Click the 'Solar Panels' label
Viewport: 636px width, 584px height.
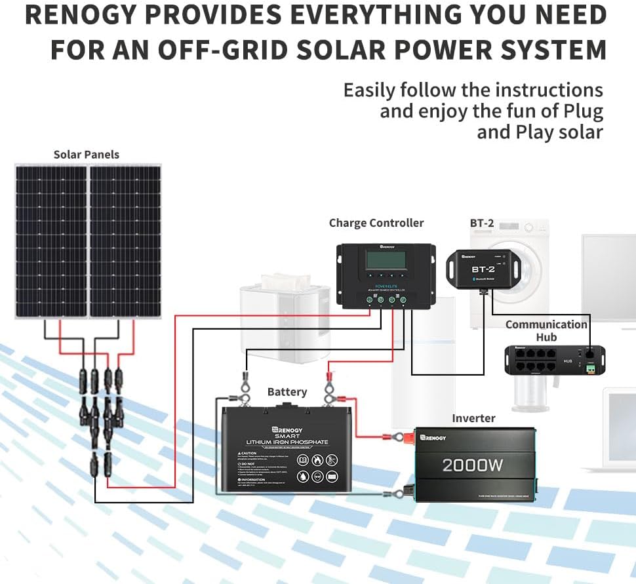coord(86,155)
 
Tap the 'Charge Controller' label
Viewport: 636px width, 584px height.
coord(376,223)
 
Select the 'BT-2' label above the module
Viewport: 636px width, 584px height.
coord(481,223)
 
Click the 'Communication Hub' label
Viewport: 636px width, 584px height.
coord(546,330)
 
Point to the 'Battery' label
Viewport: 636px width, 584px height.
coord(287,392)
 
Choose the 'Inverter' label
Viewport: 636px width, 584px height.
coord(473,418)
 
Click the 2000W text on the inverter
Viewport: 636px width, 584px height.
coord(472,465)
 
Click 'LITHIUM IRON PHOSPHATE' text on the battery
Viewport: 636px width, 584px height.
coord(286,443)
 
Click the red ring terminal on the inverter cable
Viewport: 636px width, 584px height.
coord(397,437)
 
